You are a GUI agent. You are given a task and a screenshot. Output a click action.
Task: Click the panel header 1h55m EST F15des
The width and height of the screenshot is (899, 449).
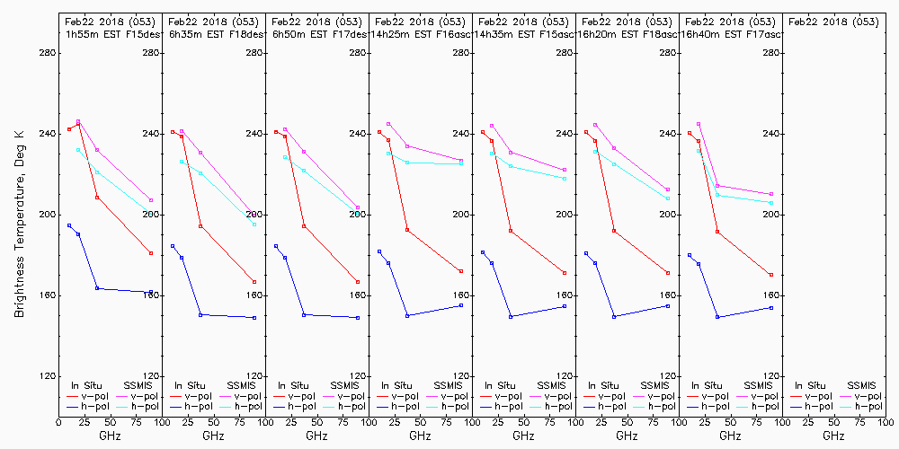pyautogui.click(x=110, y=33)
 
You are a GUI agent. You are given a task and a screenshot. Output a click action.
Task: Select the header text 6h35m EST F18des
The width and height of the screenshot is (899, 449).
pyautogui.click(x=213, y=33)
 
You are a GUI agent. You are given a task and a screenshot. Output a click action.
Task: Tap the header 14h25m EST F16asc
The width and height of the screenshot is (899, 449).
pyautogui.click(x=420, y=33)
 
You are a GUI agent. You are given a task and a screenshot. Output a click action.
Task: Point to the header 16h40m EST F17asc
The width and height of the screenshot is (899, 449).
pyautogui.click(x=730, y=33)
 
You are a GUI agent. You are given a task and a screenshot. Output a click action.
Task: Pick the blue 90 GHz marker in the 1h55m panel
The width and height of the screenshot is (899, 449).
pyautogui.click(x=151, y=292)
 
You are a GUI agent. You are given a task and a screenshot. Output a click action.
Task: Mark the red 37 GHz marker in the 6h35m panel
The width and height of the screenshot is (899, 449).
pyautogui.click(x=200, y=226)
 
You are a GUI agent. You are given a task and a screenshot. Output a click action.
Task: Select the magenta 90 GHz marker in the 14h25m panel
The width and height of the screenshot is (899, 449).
pyautogui.click(x=461, y=161)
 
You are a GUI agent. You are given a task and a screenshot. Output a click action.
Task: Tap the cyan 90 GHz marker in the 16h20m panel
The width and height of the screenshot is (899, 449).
pyautogui.click(x=668, y=198)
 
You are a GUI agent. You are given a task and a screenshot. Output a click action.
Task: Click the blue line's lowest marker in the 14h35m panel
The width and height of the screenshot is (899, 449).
pyautogui.click(x=511, y=317)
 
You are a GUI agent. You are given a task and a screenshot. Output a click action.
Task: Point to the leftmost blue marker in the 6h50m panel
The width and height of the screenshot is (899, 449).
pyautogui.click(x=276, y=246)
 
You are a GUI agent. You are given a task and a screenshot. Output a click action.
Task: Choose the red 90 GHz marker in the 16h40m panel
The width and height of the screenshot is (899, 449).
pyautogui.click(x=771, y=275)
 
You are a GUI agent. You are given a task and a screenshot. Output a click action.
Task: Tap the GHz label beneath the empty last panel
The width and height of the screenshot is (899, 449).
pyautogui.click(x=833, y=436)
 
